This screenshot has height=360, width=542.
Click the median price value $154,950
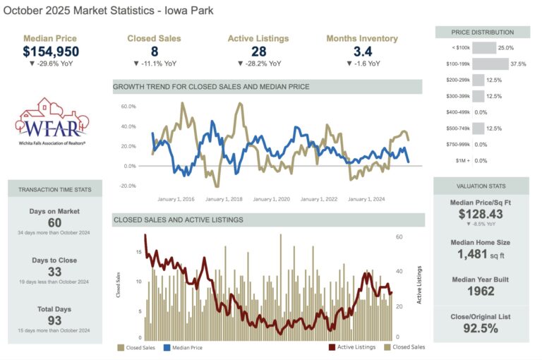coord(51,51)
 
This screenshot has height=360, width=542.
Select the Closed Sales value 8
coord(154,51)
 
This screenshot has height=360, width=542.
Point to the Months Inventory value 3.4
coord(361,51)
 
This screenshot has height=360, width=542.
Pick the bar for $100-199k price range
coord(485,64)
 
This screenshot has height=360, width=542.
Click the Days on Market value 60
coord(54,223)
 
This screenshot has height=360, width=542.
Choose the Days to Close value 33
coord(54,272)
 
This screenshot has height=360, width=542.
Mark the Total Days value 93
coord(54,320)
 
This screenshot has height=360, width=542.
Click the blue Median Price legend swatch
coord(167,347)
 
